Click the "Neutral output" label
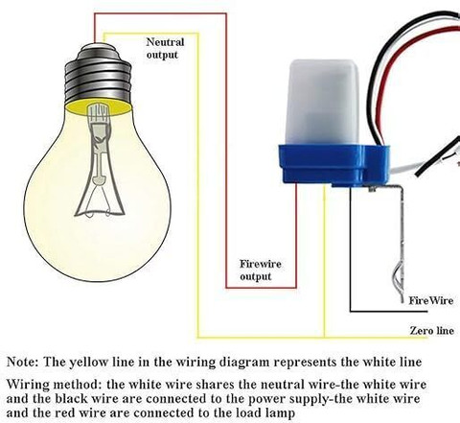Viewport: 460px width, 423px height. coord(165,48)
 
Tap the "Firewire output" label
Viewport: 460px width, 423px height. coord(261,270)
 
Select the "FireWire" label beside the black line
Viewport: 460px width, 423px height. coord(431,300)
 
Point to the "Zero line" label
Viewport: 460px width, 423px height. coord(432,330)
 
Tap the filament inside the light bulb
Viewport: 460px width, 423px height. coord(100,160)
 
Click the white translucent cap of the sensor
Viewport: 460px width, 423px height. coord(324,103)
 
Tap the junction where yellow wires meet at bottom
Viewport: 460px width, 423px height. coord(325,337)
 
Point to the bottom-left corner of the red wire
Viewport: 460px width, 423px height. coord(226,288)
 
